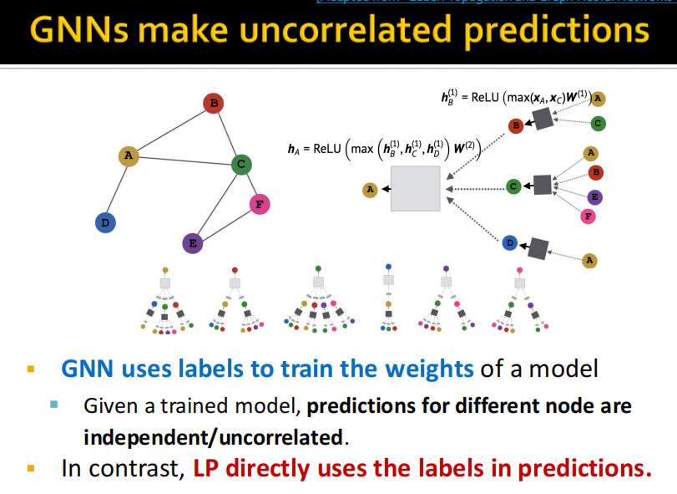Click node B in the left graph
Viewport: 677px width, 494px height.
[x=214, y=104]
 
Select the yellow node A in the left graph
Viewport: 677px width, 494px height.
[x=128, y=155]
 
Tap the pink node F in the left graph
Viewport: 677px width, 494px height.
[x=260, y=204]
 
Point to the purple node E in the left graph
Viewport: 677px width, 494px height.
[x=193, y=243]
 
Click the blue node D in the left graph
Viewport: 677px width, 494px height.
[x=105, y=222]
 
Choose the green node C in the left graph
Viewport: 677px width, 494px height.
[x=241, y=164]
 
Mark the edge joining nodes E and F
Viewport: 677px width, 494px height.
[x=226, y=223]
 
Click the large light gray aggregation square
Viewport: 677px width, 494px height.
[x=415, y=189]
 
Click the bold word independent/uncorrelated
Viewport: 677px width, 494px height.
[x=214, y=435]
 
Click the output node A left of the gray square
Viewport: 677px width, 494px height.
[x=370, y=190]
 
